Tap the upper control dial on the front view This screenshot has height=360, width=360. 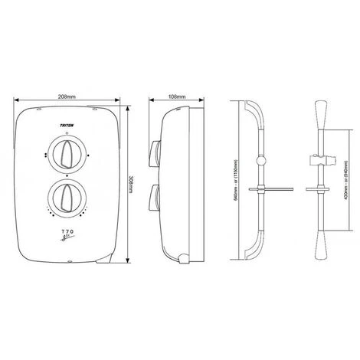point(67,149)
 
